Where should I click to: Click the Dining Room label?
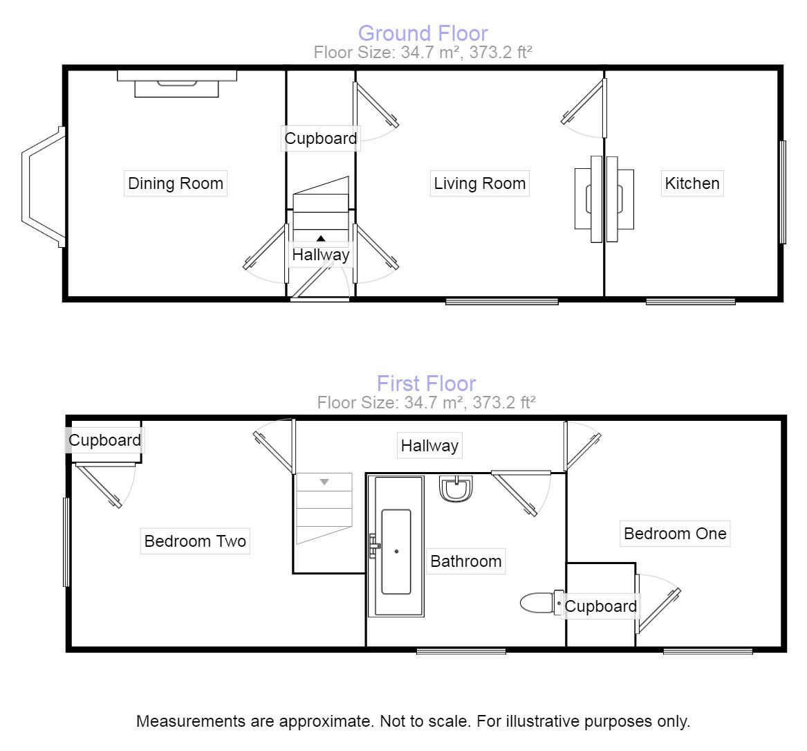click(x=176, y=183)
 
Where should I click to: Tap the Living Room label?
click(x=479, y=183)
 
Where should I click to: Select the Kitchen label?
click(x=692, y=183)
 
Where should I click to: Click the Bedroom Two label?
click(x=195, y=541)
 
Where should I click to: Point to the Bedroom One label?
click(x=675, y=534)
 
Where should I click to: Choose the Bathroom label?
click(x=465, y=561)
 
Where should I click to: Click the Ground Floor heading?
click(x=423, y=33)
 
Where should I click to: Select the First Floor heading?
click(x=426, y=383)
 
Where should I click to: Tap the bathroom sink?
click(x=456, y=489)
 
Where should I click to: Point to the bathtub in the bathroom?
click(x=396, y=546)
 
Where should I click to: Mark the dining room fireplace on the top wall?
click(x=176, y=84)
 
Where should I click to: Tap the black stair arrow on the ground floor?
click(x=321, y=238)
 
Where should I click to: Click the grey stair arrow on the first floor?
click(x=324, y=482)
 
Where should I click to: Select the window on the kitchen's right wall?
click(x=783, y=192)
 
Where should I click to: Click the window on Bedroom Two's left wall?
click(x=66, y=542)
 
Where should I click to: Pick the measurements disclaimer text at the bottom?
click(x=413, y=721)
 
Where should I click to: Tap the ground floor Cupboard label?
click(x=321, y=138)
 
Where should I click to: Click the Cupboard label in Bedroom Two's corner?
click(x=104, y=440)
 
